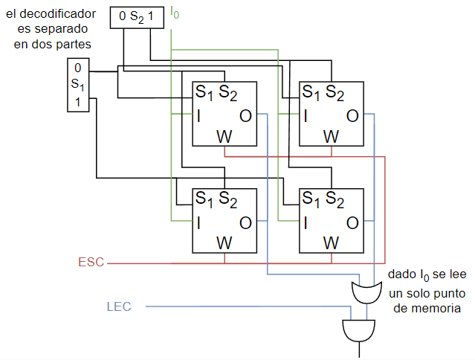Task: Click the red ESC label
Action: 91,262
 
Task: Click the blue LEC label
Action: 119,306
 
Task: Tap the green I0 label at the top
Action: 175,13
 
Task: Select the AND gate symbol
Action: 359,330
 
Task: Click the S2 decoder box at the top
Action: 137,18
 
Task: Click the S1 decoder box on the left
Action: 78,85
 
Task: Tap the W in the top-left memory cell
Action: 224,137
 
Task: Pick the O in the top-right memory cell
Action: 352,116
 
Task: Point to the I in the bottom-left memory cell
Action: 198,223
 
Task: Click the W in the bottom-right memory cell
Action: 331,243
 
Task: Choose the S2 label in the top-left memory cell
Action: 227,92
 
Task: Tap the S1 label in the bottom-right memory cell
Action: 311,199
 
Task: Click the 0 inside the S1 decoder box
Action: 78,68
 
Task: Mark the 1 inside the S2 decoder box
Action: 151,16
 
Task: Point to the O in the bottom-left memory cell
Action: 245,223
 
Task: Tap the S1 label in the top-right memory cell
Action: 311,92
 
